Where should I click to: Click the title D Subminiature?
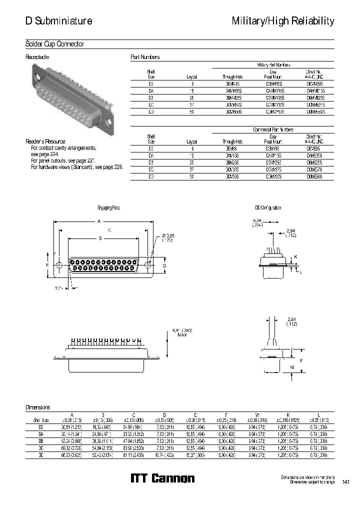click(x=58, y=21)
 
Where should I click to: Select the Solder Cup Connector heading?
click(x=54, y=44)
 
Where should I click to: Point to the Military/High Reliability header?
click(x=282, y=21)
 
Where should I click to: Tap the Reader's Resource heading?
click(x=45, y=141)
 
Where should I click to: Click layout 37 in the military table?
click(x=191, y=105)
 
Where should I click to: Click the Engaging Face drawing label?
click(x=108, y=207)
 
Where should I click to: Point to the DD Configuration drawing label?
click(x=268, y=207)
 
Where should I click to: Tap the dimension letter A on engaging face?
click(x=99, y=221)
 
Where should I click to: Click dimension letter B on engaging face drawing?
click(x=100, y=239)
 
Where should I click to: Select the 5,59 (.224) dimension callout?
click(x=257, y=222)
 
